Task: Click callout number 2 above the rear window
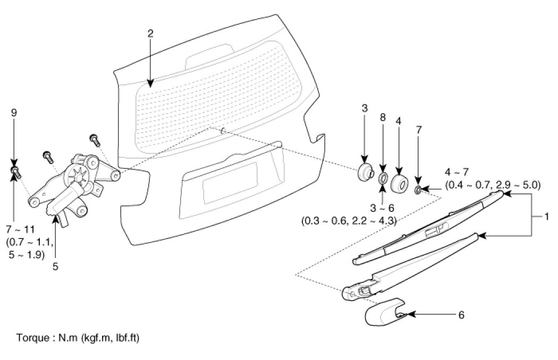point(150,33)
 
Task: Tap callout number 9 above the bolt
point(14,113)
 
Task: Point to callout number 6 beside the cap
point(461,315)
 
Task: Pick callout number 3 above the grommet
point(365,108)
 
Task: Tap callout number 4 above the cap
point(398,121)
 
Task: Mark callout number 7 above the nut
point(419,130)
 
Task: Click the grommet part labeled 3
point(365,173)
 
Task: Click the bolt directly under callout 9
point(15,171)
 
